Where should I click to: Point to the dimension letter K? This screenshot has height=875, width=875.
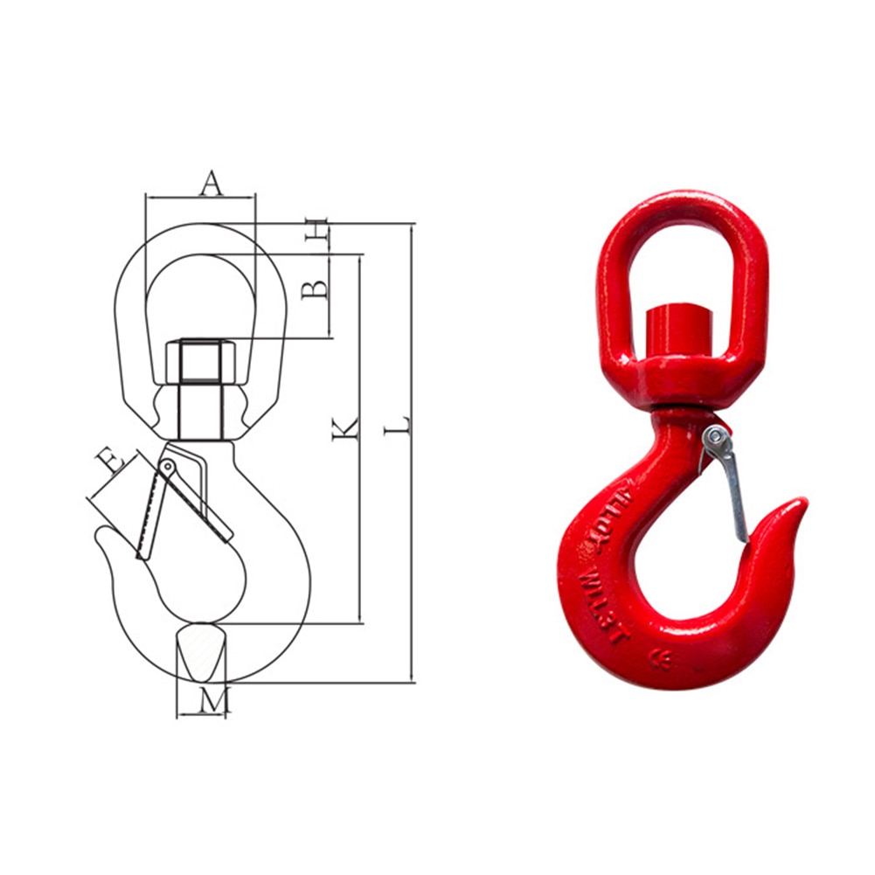345,427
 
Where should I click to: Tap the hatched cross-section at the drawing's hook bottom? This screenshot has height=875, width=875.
200,651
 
